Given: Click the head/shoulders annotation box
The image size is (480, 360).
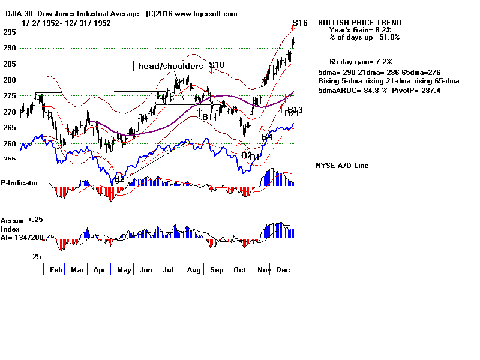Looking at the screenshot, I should [171, 66].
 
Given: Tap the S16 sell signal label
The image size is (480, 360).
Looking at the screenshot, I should [300, 23].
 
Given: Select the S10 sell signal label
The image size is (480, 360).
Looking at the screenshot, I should [217, 65].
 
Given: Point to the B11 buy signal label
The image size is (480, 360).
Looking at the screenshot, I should [209, 117].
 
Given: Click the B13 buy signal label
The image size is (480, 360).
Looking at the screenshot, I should [295, 110].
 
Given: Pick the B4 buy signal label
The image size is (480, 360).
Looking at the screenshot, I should [267, 137].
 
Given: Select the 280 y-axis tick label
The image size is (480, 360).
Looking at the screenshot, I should [7, 80].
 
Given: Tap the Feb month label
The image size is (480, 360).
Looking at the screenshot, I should [56, 270].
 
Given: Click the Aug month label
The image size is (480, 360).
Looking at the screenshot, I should [193, 270].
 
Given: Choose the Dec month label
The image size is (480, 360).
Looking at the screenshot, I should [283, 270].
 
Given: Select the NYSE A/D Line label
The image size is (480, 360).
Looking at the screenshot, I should [342, 166].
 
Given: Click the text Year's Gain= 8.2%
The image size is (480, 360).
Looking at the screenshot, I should [360, 30].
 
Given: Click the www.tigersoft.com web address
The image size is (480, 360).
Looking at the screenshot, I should [205, 14].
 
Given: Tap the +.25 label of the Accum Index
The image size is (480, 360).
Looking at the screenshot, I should [37, 220].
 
